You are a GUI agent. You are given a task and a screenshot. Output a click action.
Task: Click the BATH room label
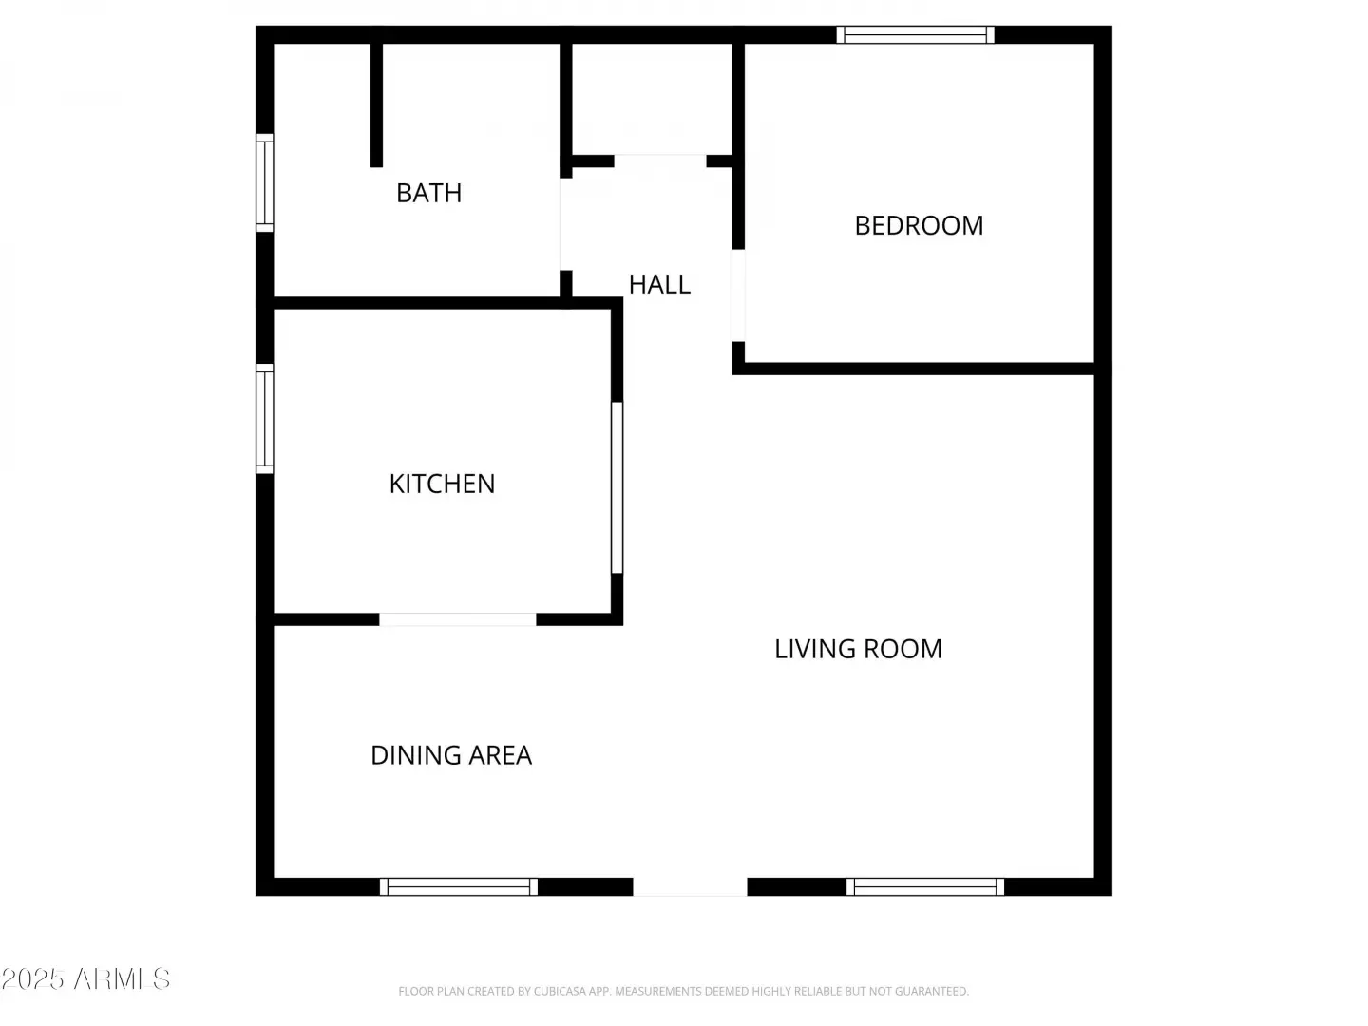pyautogui.click(x=428, y=193)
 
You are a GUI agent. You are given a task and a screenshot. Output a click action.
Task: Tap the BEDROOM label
pyautogui.click(x=919, y=225)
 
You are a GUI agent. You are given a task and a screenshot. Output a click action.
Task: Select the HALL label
pyautogui.click(x=659, y=285)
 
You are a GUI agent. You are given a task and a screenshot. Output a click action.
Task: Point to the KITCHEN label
pyautogui.click(x=442, y=484)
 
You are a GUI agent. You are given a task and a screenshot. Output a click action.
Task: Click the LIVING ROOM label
pyautogui.click(x=858, y=649)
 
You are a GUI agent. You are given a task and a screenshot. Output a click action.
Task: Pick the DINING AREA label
pyautogui.click(x=451, y=755)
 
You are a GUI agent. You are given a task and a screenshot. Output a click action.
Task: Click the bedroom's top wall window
pyautogui.click(x=915, y=35)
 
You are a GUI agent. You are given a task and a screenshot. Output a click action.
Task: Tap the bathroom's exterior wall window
pyautogui.click(x=265, y=183)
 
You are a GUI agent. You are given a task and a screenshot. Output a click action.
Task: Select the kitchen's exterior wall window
pyautogui.click(x=265, y=419)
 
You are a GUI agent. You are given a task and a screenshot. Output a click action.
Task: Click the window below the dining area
pyautogui.click(x=459, y=886)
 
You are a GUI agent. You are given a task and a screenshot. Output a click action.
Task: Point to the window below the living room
pyautogui.click(x=925, y=886)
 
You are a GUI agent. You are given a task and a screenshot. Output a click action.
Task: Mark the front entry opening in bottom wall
pyautogui.click(x=690, y=886)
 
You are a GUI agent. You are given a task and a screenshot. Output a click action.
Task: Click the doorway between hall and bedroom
pyautogui.click(x=738, y=295)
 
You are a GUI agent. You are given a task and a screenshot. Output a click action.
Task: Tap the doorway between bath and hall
pyautogui.click(x=566, y=224)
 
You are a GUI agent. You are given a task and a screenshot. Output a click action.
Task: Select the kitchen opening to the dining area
pyautogui.click(x=458, y=619)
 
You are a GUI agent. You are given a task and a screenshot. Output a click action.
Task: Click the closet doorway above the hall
pyautogui.click(x=660, y=161)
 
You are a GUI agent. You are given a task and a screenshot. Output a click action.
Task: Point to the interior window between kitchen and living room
pyautogui.click(x=617, y=487)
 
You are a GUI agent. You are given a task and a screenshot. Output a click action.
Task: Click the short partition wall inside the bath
pyautogui.click(x=376, y=104)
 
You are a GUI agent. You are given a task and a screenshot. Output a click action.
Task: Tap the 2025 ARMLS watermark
pyautogui.click(x=85, y=979)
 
